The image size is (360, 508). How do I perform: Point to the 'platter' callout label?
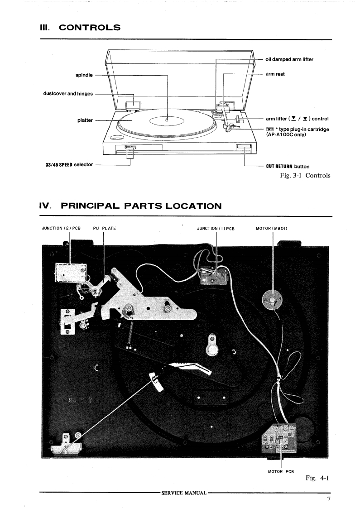(x=85, y=120)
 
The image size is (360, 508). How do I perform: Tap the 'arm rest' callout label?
(x=275, y=74)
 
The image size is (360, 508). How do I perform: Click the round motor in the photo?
(x=272, y=299)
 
